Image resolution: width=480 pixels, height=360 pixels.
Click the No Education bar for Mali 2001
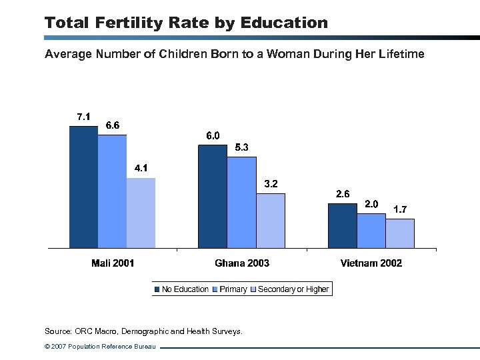click(83, 187)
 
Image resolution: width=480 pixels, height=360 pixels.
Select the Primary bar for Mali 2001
click(112, 192)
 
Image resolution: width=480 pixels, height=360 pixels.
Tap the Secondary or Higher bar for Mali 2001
click(141, 213)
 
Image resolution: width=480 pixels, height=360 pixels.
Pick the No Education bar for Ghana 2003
click(213, 197)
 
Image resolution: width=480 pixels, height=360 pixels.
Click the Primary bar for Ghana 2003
click(241, 203)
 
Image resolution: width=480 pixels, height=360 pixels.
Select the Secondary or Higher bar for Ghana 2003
click(271, 221)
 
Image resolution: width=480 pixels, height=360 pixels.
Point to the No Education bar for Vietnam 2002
click(342, 226)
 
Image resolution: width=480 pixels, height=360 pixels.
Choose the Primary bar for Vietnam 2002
click(371, 231)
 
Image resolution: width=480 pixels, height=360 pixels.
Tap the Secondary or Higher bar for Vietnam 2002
click(400, 233)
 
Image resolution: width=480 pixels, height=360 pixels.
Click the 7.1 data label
click(83, 117)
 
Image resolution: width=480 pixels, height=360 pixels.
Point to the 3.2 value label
click(271, 184)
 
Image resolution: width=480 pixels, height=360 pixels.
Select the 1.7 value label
click(400, 209)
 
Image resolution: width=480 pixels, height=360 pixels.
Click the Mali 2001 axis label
click(113, 263)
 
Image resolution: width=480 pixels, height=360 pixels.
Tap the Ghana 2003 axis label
click(242, 263)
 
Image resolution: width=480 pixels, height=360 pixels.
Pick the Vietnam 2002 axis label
click(371, 263)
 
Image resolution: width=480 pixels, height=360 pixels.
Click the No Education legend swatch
click(158, 289)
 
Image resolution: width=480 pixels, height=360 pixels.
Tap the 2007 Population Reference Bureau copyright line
click(100, 347)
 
